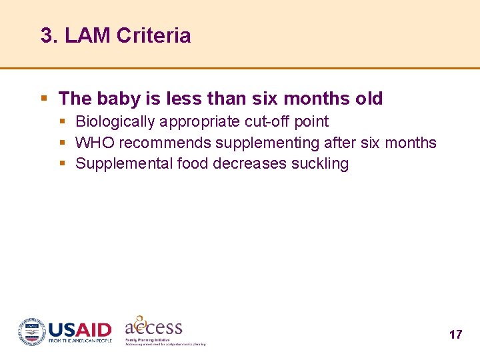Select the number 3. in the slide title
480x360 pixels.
coord(50,35)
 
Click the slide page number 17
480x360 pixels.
coord(455,335)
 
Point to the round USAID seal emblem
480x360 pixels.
coord(31,331)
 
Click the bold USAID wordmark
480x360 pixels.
coord(79,330)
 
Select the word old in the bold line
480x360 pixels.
coord(369,99)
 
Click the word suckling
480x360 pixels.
coord(320,164)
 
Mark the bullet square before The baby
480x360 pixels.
coord(44,99)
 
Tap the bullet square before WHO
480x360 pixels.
coord(62,143)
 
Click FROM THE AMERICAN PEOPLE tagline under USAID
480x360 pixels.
coord(79,341)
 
